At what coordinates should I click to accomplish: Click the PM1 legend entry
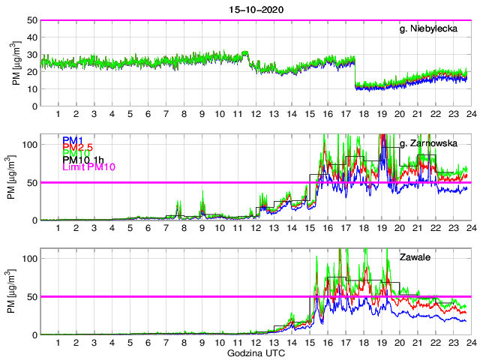(x=73, y=140)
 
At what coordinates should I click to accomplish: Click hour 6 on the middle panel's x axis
(x=148, y=228)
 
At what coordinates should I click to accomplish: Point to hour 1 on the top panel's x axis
(x=58, y=114)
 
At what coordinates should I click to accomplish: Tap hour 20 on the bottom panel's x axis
(x=398, y=343)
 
